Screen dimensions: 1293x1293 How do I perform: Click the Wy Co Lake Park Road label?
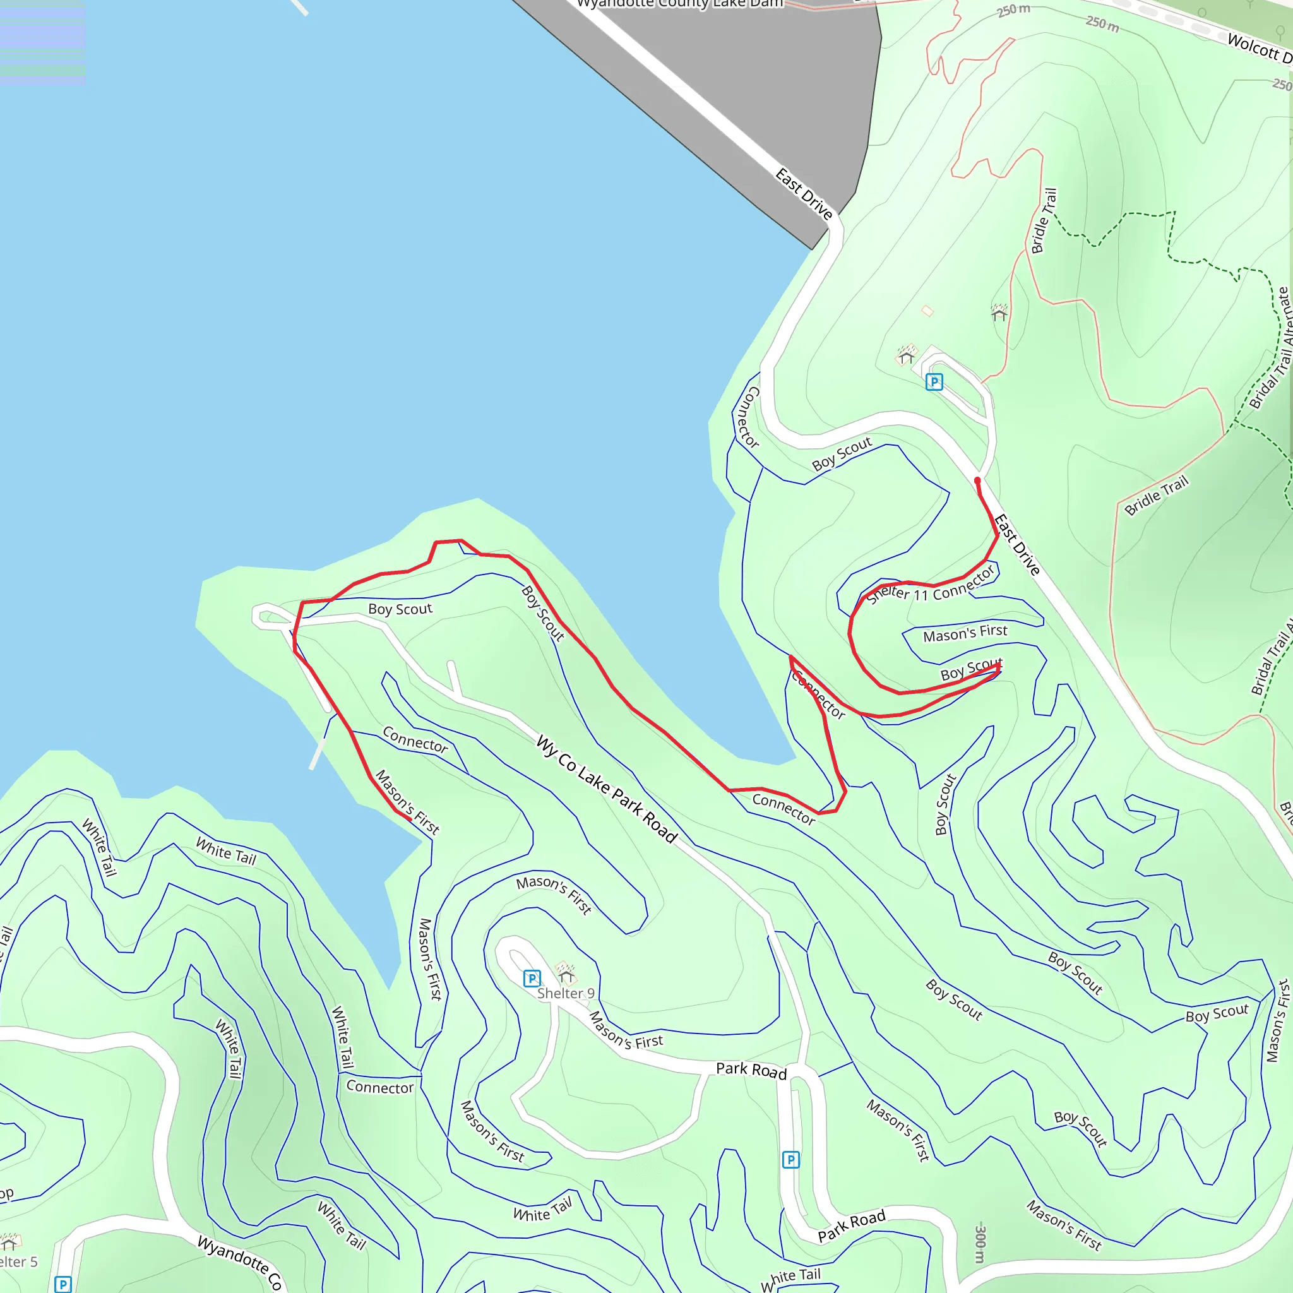606,789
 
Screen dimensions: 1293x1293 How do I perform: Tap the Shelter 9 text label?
566,993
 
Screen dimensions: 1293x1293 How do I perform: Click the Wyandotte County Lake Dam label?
679,4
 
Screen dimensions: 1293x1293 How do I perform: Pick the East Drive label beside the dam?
804,194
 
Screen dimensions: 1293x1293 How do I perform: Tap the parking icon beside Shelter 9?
532,979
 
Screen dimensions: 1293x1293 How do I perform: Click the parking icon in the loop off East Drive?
934,382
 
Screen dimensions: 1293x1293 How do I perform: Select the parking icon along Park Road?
790,1160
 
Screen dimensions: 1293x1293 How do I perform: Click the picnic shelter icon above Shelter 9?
566,971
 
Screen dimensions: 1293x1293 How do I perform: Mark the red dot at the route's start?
977,480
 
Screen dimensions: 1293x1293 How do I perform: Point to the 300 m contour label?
980,1244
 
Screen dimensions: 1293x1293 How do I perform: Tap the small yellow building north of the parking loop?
927,311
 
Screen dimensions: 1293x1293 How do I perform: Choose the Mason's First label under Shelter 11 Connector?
965,633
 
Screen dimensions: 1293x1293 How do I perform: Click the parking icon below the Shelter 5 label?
63,1284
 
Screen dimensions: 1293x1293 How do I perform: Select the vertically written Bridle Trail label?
1044,221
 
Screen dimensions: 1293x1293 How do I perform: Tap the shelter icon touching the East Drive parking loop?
907,355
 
